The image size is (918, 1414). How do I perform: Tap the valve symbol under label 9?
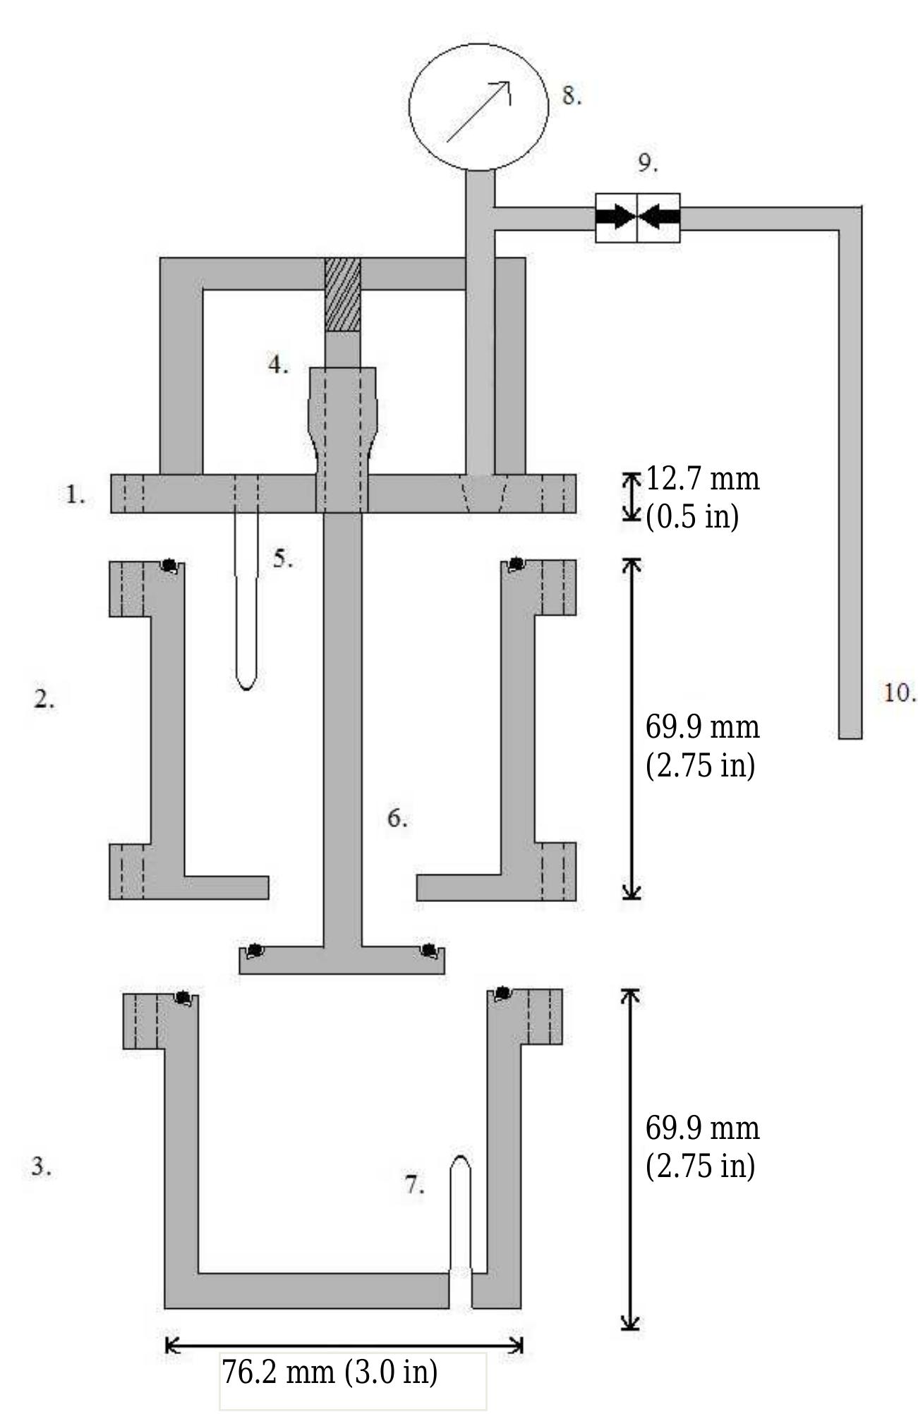pos(637,217)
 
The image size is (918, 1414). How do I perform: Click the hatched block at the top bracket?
pos(342,294)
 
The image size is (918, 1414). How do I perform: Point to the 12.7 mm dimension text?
pos(702,480)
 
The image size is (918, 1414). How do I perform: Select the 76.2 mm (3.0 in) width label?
pos(330,1372)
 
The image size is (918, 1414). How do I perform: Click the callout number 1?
pos(75,495)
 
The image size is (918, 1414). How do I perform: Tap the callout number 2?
pos(44,699)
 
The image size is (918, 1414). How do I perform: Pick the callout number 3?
pos(41,1166)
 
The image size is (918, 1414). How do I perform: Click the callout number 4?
pos(278,365)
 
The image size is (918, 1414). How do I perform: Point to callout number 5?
pos(282,559)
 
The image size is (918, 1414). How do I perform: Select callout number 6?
pos(397,818)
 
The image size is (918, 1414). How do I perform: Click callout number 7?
pos(415,1185)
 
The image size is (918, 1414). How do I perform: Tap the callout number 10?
pos(899,693)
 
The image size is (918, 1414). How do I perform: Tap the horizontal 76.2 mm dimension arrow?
pos(344,1346)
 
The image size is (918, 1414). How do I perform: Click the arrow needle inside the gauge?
pos(478,111)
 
